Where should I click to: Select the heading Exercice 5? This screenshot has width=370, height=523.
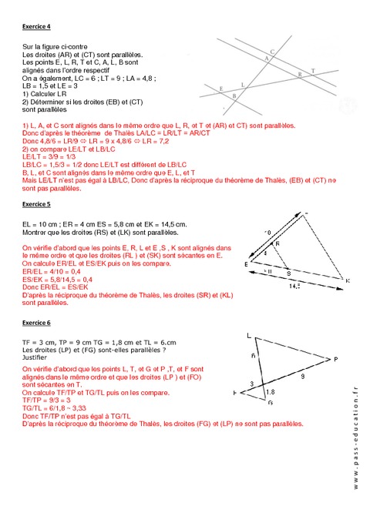[x=36, y=205]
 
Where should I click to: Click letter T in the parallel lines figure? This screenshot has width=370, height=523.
[x=312, y=71]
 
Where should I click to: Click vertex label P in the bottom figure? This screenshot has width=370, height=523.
[x=335, y=358]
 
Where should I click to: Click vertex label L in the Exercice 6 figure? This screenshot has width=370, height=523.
[x=248, y=335]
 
